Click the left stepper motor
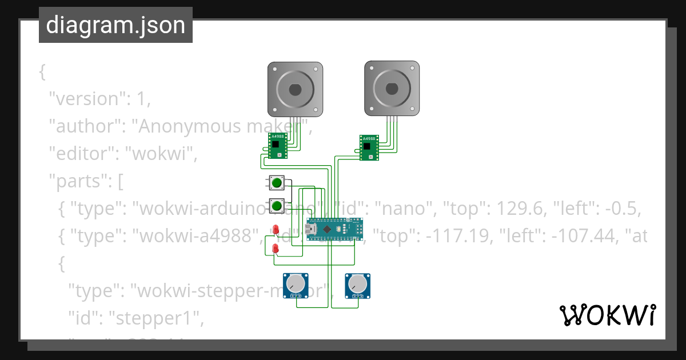click(x=295, y=89)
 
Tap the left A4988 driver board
click(x=278, y=146)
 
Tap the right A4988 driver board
click(x=369, y=148)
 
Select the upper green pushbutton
click(x=277, y=183)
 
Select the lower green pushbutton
click(x=277, y=205)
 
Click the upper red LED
click(x=276, y=230)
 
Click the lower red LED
click(x=276, y=249)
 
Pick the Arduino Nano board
click(x=334, y=229)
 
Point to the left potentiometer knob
click(x=296, y=284)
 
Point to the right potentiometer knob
click(x=357, y=284)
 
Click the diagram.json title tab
click(x=115, y=25)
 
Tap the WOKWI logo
click(x=607, y=315)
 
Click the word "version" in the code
click(x=86, y=99)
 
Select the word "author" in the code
click(x=84, y=126)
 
